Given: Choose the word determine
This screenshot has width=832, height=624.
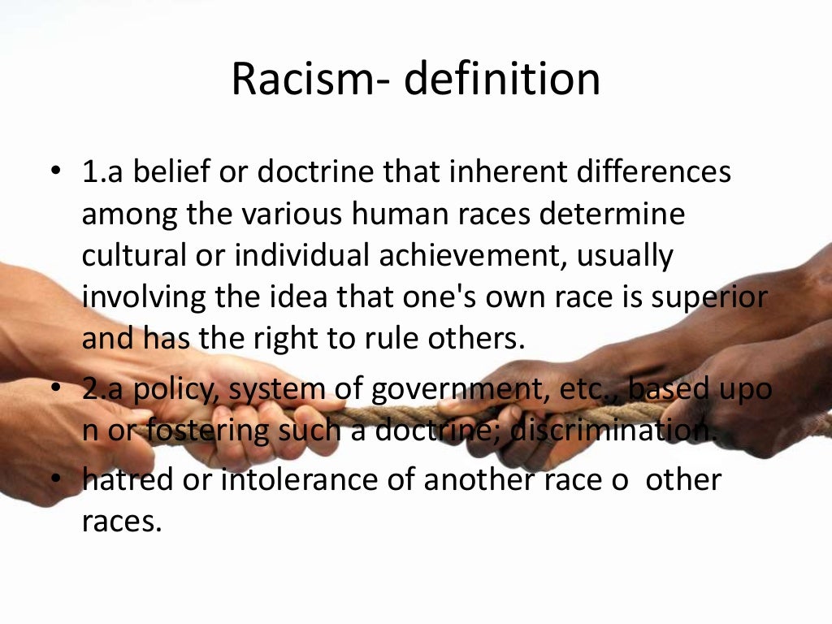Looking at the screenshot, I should [x=626, y=215].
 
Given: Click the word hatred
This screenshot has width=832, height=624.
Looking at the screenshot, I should [x=128, y=480].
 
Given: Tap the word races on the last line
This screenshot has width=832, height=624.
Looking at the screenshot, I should [x=121, y=522].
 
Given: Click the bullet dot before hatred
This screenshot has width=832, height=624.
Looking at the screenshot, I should [x=55, y=480].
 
